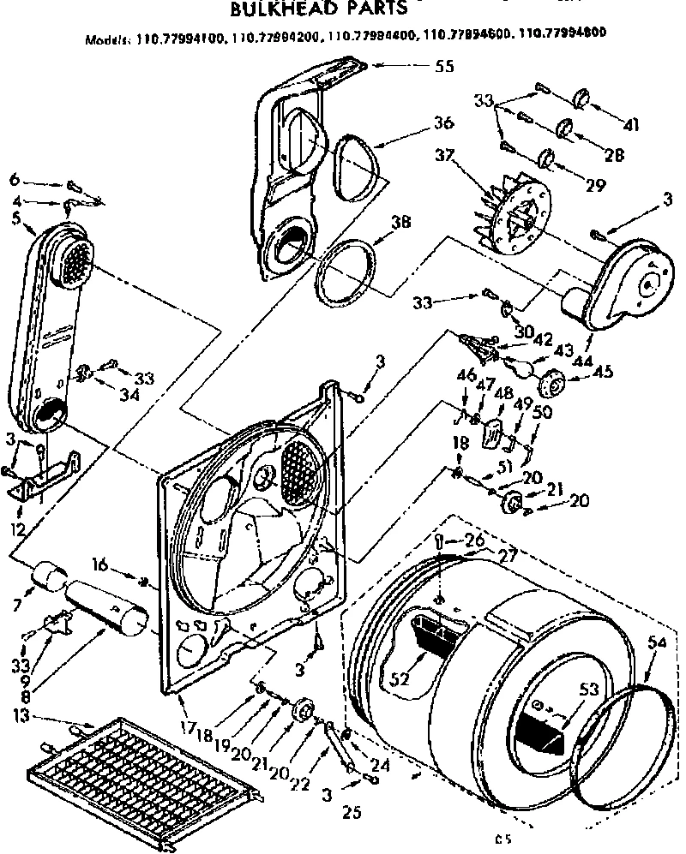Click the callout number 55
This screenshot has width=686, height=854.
(x=444, y=66)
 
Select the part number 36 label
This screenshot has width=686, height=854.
(x=442, y=123)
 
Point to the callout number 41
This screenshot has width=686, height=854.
(x=631, y=126)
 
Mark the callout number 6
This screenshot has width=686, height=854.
(x=14, y=180)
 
